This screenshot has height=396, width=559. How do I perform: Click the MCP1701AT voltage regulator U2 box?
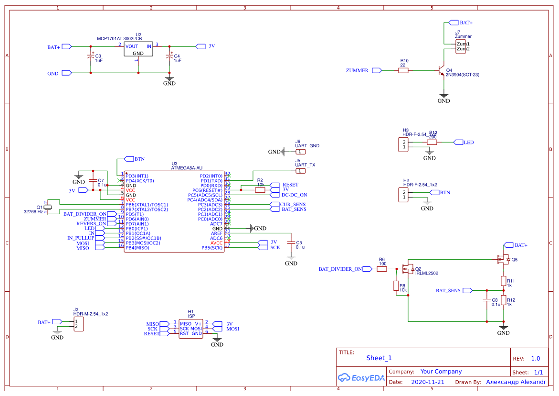(138, 49)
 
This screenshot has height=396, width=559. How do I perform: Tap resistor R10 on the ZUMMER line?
(403, 70)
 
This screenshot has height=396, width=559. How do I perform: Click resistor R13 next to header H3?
(432, 142)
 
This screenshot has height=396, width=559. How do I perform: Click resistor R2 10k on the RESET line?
(260, 190)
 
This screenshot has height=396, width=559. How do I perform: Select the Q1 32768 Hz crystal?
(46, 207)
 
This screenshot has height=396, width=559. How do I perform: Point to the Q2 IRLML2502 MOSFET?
(409, 269)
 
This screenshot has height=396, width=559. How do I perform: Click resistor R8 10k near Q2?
(396, 286)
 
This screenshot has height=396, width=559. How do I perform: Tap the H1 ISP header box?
(191, 329)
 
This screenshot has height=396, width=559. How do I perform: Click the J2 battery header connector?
(79, 324)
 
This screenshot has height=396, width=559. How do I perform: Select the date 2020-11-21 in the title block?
(427, 382)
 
